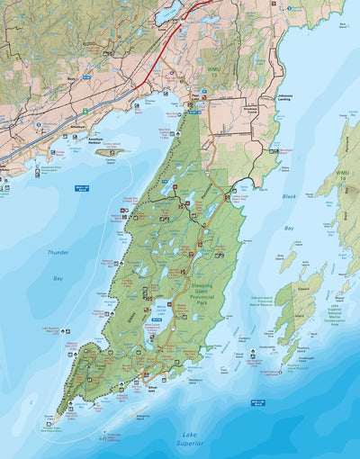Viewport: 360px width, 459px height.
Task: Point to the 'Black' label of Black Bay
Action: coord(288,195)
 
